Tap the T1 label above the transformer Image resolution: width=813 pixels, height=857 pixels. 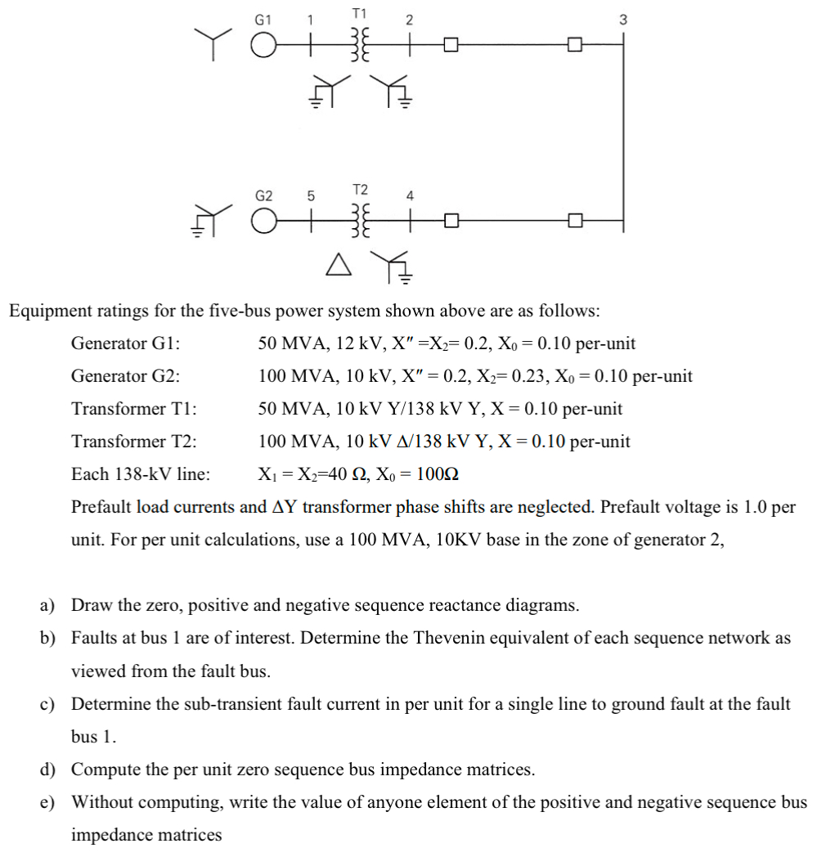pos(359,13)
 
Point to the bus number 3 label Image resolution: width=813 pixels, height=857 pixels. pos(622,20)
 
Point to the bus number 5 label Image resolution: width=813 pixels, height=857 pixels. pos(310,196)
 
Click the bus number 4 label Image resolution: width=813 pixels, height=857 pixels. pos(410,196)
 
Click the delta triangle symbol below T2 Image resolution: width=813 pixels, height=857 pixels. pos(336,263)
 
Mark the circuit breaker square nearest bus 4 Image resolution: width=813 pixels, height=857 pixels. pos(449,221)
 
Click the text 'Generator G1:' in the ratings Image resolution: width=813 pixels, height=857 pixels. pos(126,343)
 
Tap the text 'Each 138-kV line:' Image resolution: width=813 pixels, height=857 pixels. pos(140,474)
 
